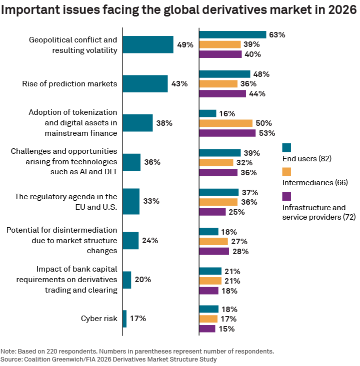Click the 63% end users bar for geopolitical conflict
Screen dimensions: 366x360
pyautogui.click(x=232, y=34)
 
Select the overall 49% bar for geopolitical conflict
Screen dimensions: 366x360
pyautogui.click(x=147, y=44)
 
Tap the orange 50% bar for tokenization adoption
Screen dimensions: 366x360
pyautogui.click(x=225, y=123)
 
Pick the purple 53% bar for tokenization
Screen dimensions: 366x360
pyautogui.click(x=227, y=133)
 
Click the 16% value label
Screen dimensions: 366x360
pyautogui.click(x=227, y=113)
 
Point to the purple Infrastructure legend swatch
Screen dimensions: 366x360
pyautogui.click(x=286, y=196)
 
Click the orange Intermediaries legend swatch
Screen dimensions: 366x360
pyautogui.click(x=286, y=172)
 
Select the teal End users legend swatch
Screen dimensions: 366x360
pyautogui.click(x=286, y=147)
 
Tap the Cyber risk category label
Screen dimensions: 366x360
pyautogui.click(x=99, y=319)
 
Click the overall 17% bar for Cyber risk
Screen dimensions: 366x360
pyautogui.click(x=124, y=319)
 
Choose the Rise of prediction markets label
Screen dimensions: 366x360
pyautogui.click(x=69, y=84)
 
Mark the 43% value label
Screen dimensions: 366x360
pyautogui.click(x=179, y=84)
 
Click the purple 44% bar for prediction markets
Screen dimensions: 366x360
pyautogui.click(x=222, y=93)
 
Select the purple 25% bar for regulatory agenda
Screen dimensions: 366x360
pyautogui.click(x=212, y=212)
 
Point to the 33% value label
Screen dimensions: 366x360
pyautogui.click(x=151, y=201)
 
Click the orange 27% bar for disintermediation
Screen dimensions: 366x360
pyautogui.click(x=213, y=241)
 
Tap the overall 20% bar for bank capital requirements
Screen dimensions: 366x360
pyautogui.click(x=126, y=280)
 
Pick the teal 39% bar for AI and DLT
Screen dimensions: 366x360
pyautogui.click(x=219, y=153)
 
